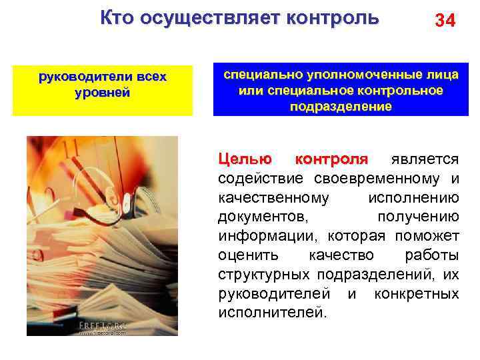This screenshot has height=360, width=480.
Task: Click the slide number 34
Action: (445, 21)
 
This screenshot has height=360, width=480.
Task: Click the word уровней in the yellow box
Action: (102, 93)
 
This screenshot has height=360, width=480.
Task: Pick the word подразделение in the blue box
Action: (341, 106)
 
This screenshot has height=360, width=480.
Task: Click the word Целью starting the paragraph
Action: (245, 159)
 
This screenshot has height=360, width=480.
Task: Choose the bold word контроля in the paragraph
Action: (331, 159)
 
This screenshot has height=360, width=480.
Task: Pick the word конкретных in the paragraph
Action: (417, 293)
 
